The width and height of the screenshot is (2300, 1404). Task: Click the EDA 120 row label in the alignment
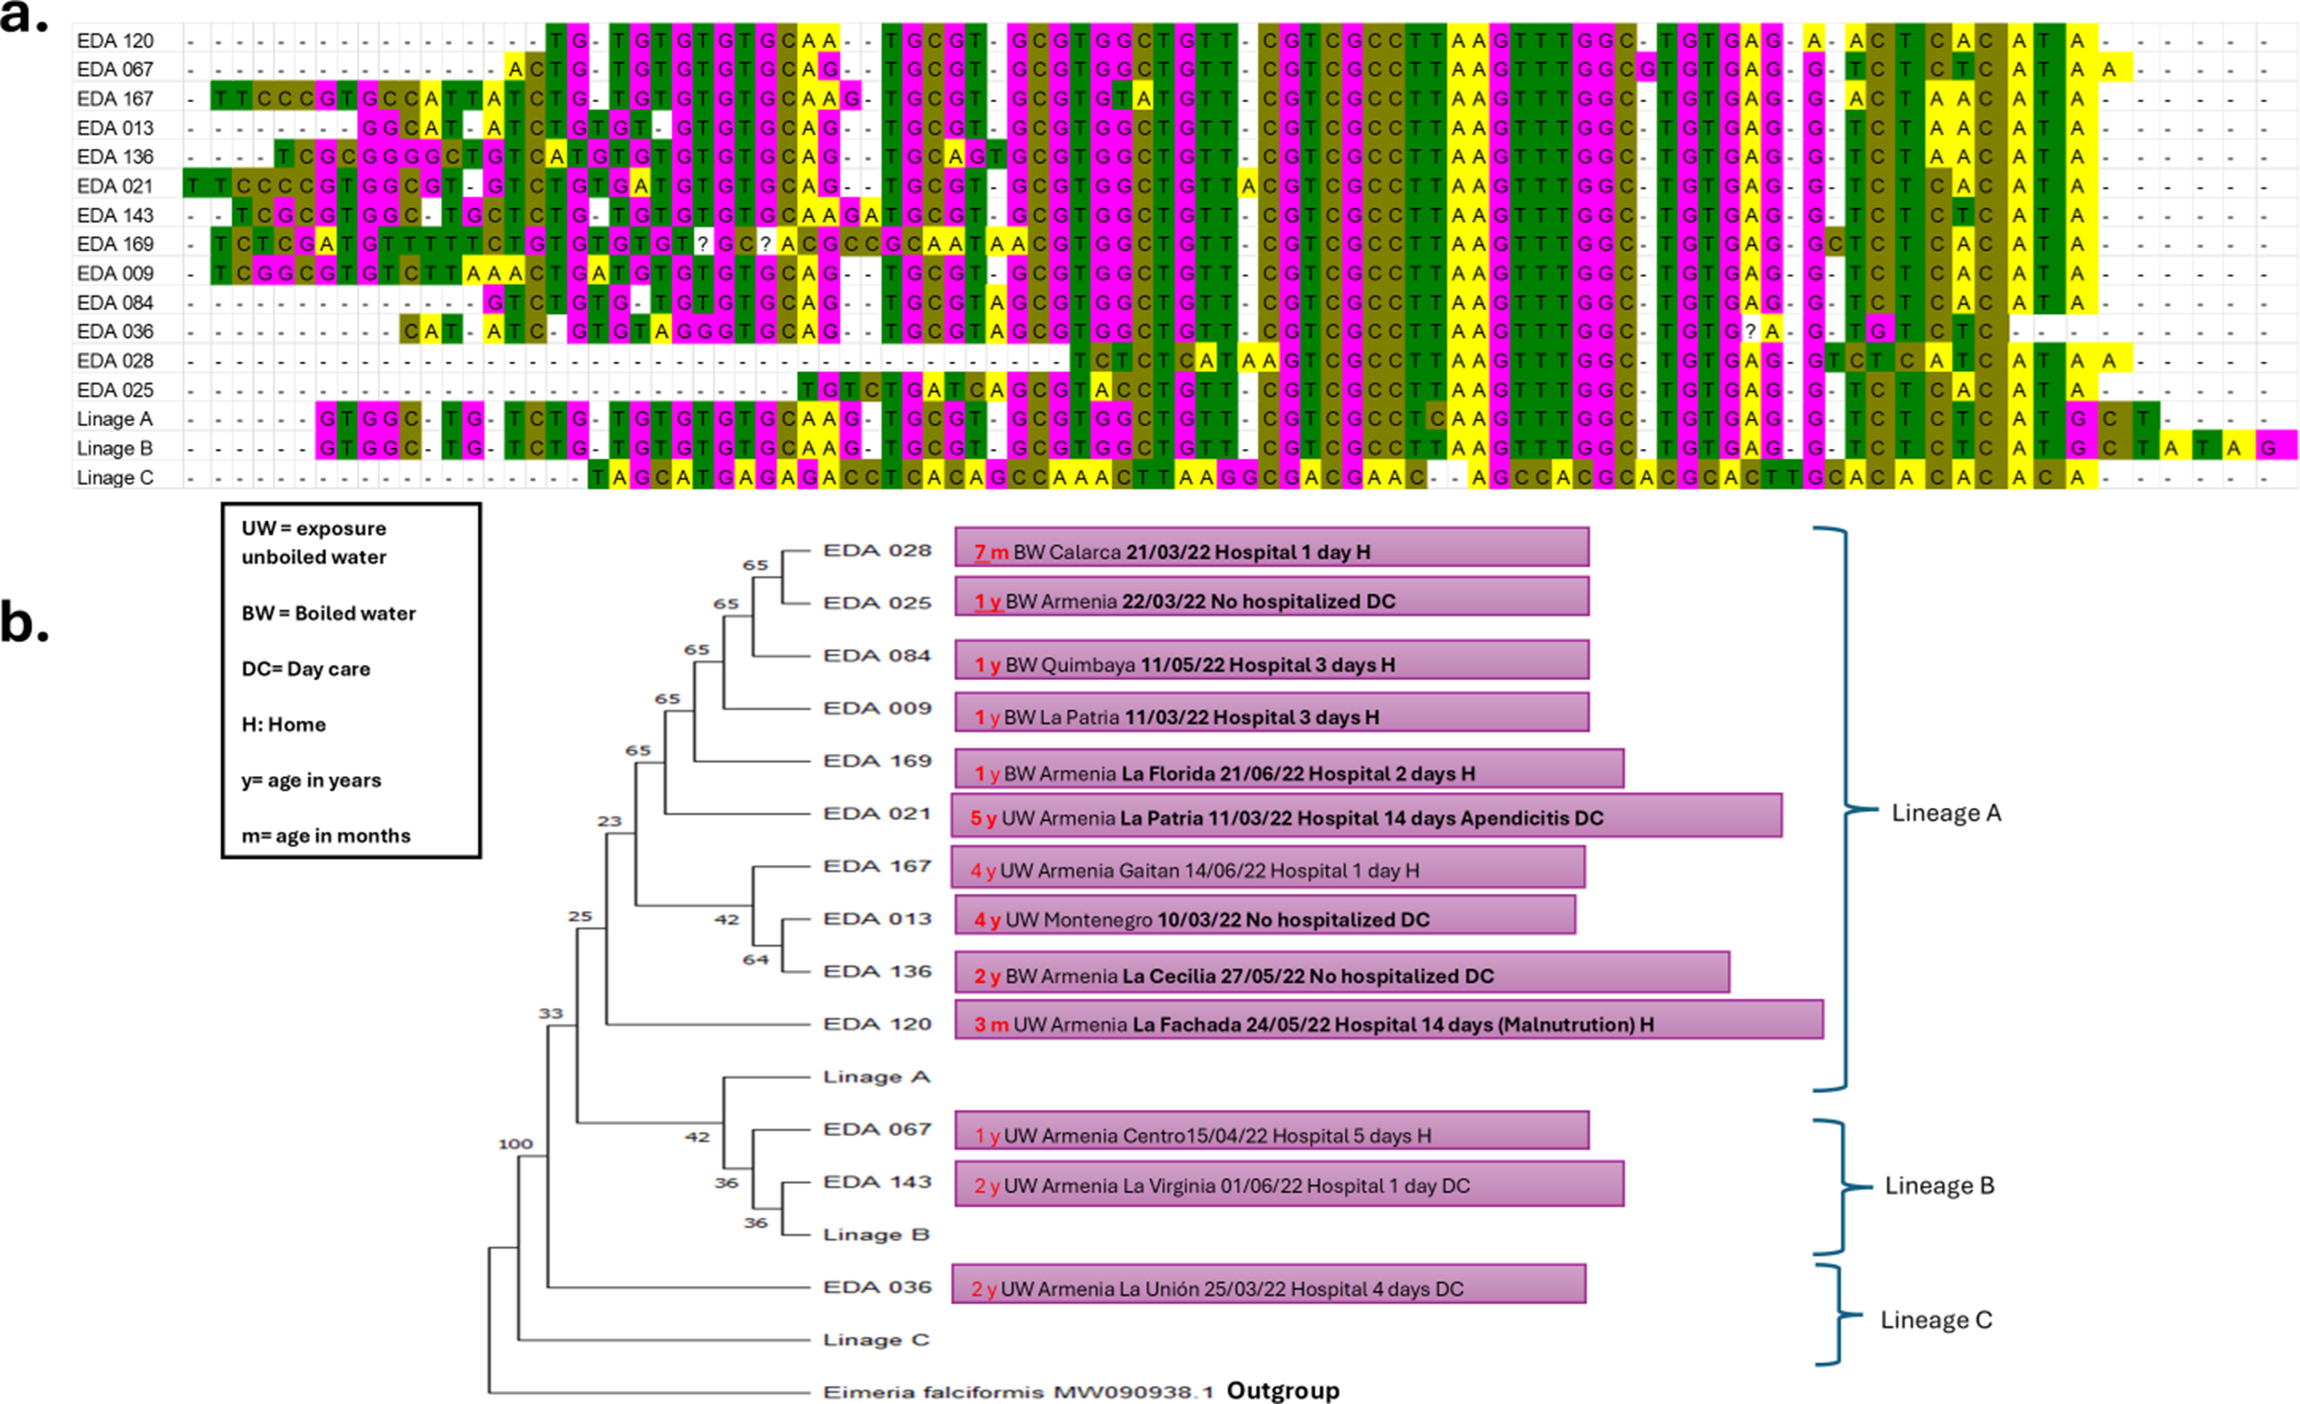coord(115,41)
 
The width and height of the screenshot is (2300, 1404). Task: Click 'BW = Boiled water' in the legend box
coord(328,614)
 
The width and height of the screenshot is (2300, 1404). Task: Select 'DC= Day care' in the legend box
coord(306,669)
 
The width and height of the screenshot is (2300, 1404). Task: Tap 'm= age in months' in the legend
coord(326,835)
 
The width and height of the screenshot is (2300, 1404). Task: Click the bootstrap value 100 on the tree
coord(515,1144)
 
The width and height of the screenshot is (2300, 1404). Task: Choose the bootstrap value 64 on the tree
coord(755,960)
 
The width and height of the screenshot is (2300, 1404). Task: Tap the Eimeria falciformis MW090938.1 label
coord(1017,1392)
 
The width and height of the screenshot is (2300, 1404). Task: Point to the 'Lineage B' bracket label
coord(1940,1186)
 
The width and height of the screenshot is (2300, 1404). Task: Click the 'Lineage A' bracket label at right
coord(1946,813)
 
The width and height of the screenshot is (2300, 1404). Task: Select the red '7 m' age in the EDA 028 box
coord(992,552)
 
